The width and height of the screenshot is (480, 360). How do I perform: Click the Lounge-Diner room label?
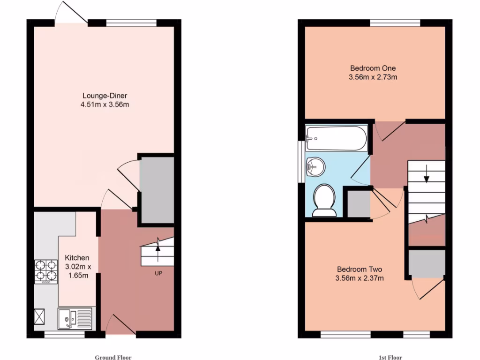(x=105, y=96)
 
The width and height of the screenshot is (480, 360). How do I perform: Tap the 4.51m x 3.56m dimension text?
(x=105, y=105)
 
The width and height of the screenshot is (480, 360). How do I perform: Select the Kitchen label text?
(x=76, y=258)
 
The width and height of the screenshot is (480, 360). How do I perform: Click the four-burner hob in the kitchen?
(x=46, y=272)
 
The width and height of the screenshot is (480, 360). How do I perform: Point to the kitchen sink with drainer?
(x=76, y=319)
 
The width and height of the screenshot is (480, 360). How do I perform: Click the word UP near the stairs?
(x=158, y=273)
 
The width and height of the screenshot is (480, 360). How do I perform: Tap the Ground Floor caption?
(x=113, y=357)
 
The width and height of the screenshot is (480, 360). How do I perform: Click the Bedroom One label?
(x=373, y=68)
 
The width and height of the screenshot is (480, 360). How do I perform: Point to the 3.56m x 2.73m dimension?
(x=373, y=77)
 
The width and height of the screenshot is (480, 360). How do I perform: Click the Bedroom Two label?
(x=360, y=270)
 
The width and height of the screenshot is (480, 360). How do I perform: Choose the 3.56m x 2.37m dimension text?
(x=360, y=278)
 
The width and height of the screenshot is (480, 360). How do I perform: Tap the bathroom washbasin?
(x=315, y=166)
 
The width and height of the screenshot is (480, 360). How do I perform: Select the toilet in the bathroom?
(x=324, y=200)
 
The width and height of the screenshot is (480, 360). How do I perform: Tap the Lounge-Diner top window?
(x=131, y=23)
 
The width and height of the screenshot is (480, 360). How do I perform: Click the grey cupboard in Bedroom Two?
(x=426, y=263)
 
